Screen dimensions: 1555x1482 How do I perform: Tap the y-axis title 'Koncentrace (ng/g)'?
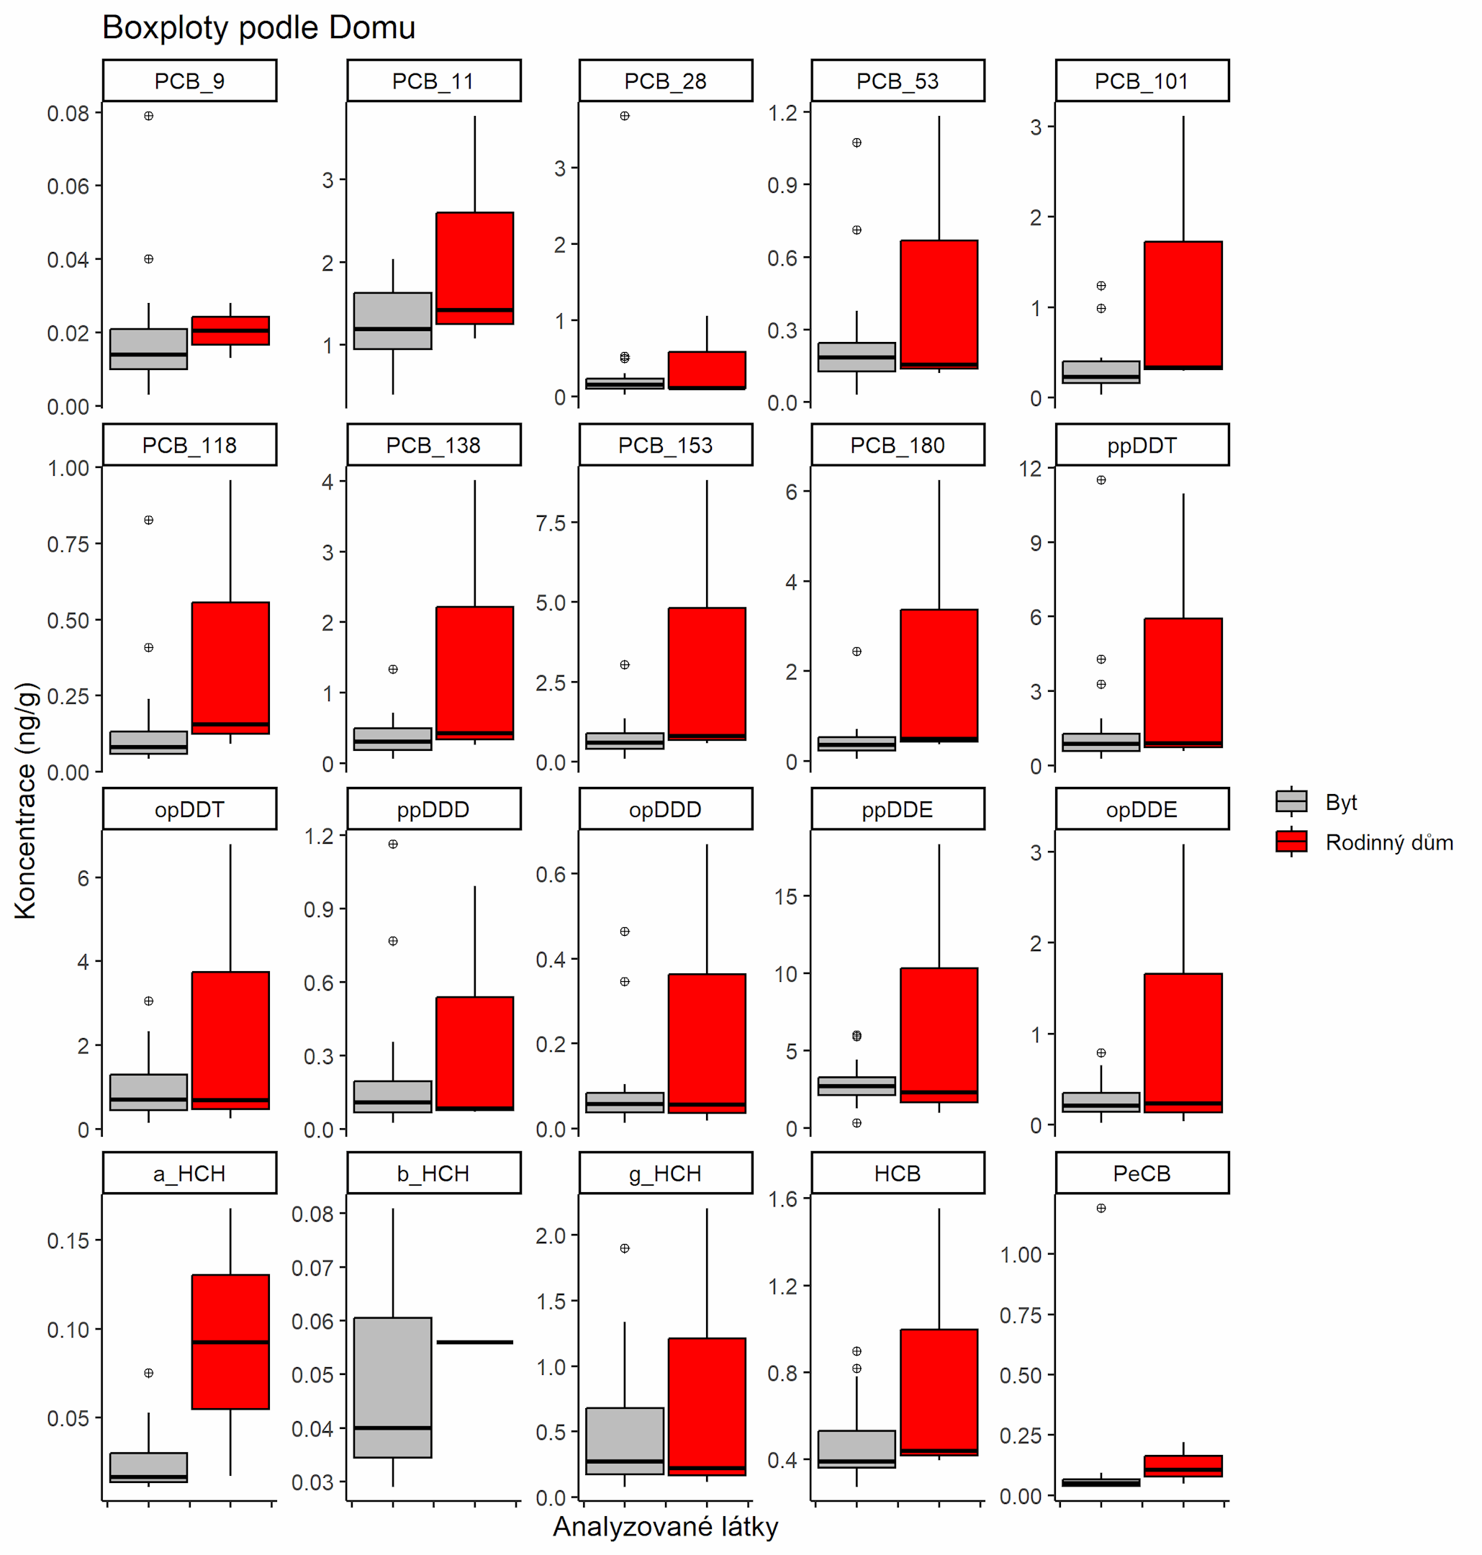tap(25, 800)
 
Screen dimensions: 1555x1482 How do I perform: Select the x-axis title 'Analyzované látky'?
tap(665, 1526)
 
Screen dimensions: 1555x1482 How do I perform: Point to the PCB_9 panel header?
tap(189, 81)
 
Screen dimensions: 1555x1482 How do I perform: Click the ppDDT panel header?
tap(1142, 445)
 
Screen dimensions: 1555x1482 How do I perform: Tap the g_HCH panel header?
tap(665, 1173)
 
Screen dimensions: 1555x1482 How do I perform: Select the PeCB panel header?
tap(1142, 1173)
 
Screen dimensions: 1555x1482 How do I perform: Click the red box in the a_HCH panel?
tap(230, 1342)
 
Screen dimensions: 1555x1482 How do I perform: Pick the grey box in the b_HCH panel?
tap(392, 1387)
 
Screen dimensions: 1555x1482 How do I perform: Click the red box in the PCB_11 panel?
tap(475, 269)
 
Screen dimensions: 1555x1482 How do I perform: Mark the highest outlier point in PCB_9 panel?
tap(148, 116)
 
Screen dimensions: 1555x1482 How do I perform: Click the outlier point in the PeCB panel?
tap(1101, 1208)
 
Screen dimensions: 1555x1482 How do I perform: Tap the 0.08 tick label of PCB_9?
tap(68, 114)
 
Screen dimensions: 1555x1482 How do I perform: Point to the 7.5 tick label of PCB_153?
tap(551, 523)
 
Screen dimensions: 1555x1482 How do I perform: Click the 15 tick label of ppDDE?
tap(786, 897)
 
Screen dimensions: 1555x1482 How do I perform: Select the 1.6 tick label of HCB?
tap(783, 1199)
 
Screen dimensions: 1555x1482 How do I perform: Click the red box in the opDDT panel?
tap(230, 1040)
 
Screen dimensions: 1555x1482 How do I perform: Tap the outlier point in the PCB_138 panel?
tap(392, 670)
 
